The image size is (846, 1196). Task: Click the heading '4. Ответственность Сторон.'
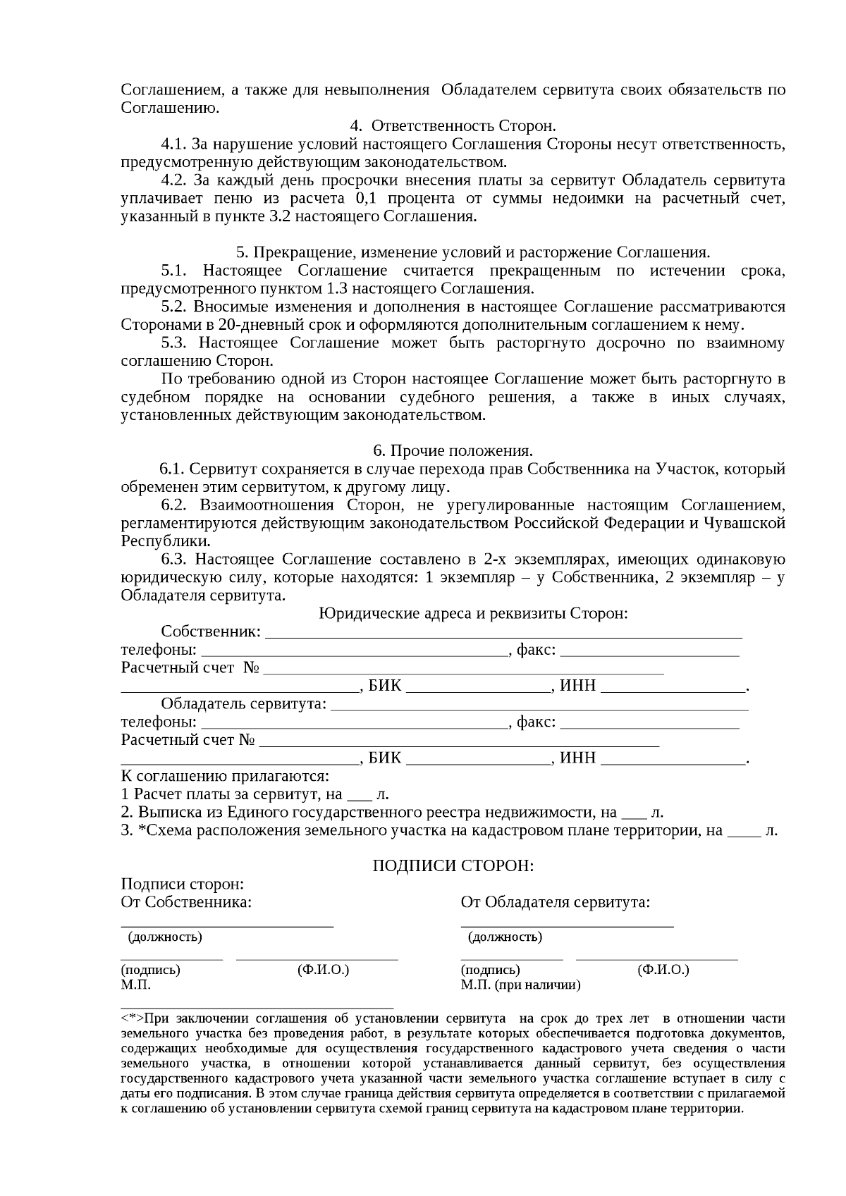(453, 126)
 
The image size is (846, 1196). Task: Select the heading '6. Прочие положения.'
(453, 450)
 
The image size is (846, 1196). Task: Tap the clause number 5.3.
(173, 343)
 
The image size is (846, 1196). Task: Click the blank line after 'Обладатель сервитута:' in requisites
(539, 704)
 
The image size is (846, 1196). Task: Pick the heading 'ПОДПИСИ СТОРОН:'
(453, 865)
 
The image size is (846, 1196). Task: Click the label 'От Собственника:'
(186, 902)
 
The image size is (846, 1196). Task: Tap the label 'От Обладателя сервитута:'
(555, 902)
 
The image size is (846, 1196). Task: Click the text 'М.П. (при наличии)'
(520, 985)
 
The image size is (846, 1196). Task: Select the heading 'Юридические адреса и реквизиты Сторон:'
(473, 613)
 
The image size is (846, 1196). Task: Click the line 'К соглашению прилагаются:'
(225, 777)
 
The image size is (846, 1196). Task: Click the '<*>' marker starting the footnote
(132, 1019)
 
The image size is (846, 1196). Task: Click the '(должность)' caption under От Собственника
(164, 937)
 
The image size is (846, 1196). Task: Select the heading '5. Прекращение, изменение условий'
(472, 252)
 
